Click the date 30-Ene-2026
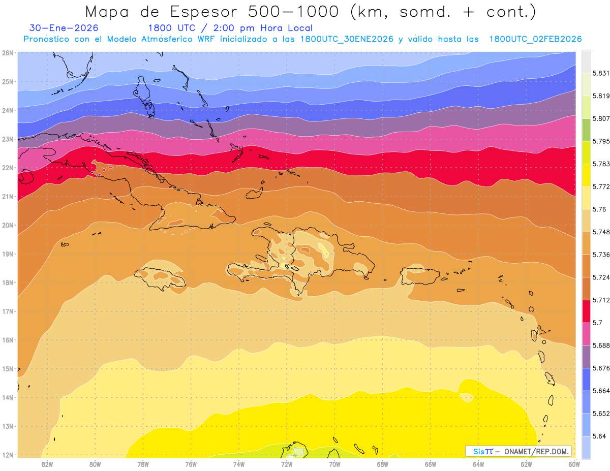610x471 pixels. tap(64, 28)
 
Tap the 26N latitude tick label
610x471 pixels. tap(8, 53)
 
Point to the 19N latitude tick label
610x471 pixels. tap(8, 254)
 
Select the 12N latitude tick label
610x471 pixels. tap(8, 455)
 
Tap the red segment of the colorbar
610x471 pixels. tap(586, 311)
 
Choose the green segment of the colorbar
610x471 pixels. tap(586, 130)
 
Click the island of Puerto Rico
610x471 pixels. tap(420, 276)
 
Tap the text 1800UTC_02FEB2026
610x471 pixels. tap(535, 39)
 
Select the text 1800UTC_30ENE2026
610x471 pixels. tap(347, 39)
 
